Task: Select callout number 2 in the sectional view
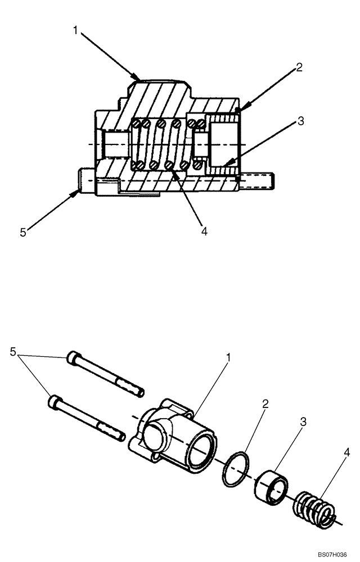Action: coord(299,67)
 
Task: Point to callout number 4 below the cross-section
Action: coord(203,230)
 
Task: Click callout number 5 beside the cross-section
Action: coord(23,232)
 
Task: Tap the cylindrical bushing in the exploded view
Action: coord(273,484)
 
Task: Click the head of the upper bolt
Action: coord(74,358)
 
